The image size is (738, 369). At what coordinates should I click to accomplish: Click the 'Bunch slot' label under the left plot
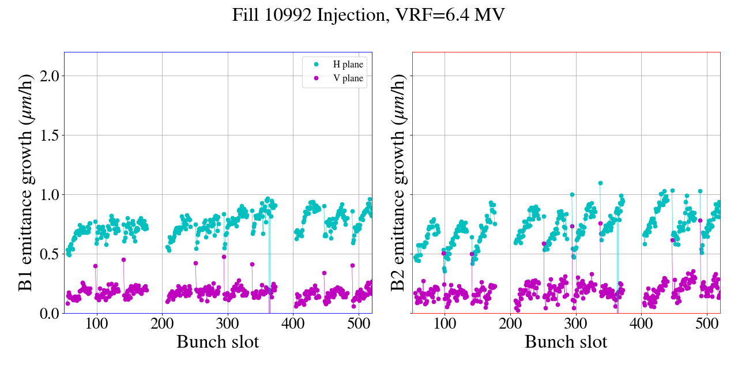217,342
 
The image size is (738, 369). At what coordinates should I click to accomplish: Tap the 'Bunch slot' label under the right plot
566,342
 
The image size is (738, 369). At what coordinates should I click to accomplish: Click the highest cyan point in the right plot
600,183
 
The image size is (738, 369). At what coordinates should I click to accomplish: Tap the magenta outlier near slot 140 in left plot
123,259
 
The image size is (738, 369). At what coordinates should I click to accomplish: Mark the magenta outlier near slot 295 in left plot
224,257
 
